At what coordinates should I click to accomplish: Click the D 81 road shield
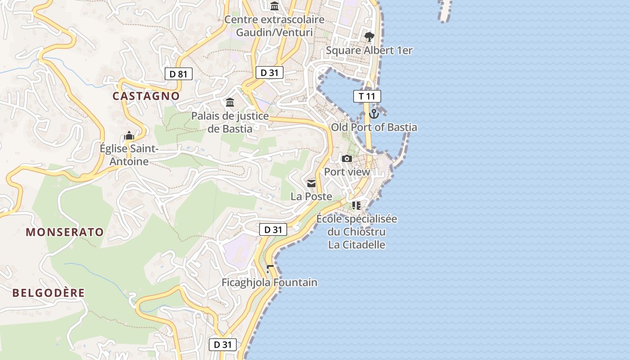coord(179,74)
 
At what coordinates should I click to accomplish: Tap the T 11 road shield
coord(367,96)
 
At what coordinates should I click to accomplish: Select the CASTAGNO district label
coord(146,96)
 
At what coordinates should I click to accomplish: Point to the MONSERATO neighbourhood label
coord(65,232)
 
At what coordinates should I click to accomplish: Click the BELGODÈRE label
coord(49,293)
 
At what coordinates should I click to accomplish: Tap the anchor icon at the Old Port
coord(374,113)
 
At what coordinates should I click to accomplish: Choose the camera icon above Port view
coord(346,158)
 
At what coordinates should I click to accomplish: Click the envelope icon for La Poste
coord(311,184)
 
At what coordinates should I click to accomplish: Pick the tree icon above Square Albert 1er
coord(369,36)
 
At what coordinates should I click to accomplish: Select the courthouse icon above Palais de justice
coord(230,103)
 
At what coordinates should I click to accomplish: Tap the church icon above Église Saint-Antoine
coord(129,135)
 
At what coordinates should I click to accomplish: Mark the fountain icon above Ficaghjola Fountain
coord(270,269)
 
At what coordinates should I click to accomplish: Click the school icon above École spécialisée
coord(356,206)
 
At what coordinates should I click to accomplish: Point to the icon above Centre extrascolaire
coord(274,6)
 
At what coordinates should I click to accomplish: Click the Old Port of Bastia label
coord(374,127)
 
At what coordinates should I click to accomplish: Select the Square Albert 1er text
coord(369,50)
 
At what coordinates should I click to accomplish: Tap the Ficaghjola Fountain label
coord(270,283)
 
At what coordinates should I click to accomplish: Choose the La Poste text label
coord(311,197)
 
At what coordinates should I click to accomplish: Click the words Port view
coord(347,172)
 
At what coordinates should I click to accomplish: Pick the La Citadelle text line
coord(356,245)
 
